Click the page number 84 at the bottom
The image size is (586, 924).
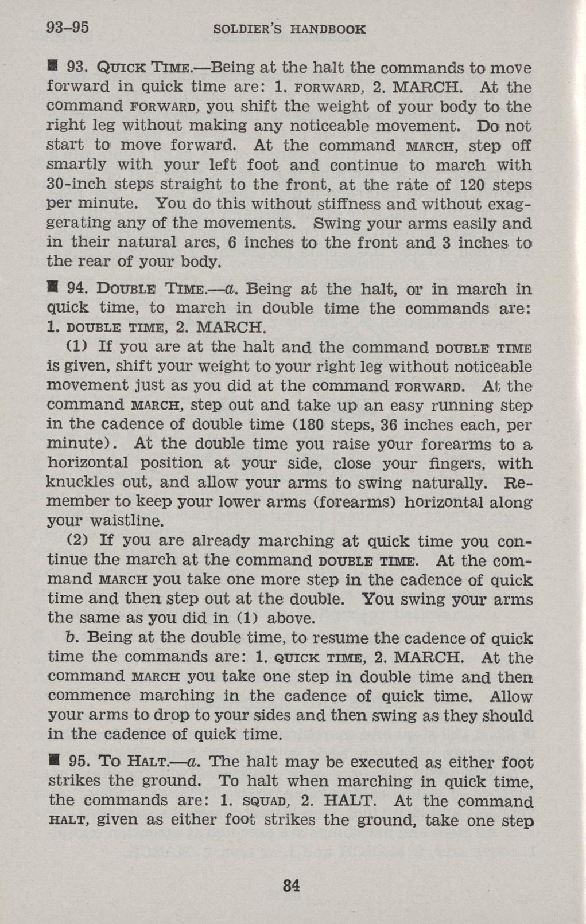292,885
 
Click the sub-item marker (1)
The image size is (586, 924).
77,346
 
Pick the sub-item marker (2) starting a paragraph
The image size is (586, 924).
77,540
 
